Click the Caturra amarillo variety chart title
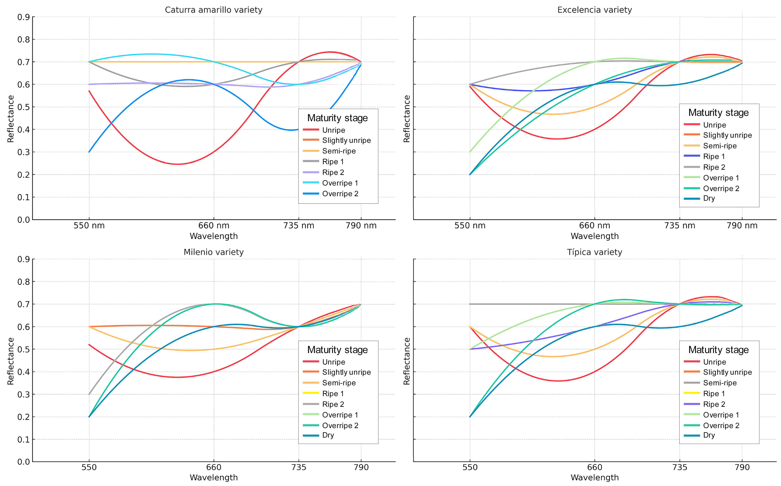coord(214,10)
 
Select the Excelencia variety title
coord(594,10)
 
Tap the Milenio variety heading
coord(214,252)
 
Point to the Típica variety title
coord(594,252)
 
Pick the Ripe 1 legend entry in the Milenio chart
coord(333,393)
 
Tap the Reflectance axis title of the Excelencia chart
coord(407,119)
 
